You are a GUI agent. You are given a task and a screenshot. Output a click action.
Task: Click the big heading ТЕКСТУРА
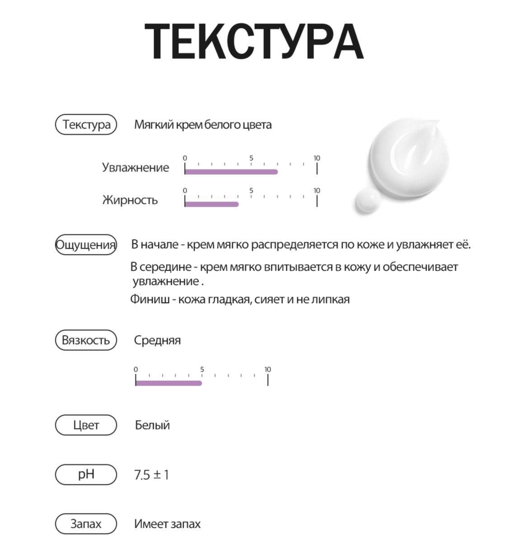tap(254, 42)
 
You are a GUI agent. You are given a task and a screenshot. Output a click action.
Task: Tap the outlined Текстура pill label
tap(86, 125)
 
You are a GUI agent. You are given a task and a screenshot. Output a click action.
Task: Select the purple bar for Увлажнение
tap(231, 172)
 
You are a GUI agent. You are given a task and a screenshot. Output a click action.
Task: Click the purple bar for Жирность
tap(211, 204)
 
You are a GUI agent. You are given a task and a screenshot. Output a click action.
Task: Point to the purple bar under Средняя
tap(169, 383)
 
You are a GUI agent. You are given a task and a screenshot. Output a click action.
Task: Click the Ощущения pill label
tap(86, 245)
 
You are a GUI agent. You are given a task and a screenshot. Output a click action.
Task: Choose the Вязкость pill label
tap(86, 340)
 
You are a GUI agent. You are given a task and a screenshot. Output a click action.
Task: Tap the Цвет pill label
tap(86, 425)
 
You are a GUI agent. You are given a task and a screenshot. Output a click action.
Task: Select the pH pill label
tap(86, 475)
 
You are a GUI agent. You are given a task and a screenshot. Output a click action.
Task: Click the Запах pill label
tap(86, 524)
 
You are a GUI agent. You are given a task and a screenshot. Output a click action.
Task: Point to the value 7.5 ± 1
tap(151, 475)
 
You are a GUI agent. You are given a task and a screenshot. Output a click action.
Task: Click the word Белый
tap(152, 425)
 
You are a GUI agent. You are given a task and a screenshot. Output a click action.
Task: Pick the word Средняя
tap(157, 341)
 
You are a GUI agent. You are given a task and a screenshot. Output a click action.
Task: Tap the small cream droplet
tap(368, 201)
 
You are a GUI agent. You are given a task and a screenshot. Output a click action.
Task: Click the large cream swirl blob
tap(409, 154)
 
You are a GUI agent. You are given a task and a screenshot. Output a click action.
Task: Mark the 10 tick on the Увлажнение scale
tap(317, 168)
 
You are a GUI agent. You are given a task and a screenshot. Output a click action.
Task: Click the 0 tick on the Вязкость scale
tap(136, 380)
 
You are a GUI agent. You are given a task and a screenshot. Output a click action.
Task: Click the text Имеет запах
tap(167, 524)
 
